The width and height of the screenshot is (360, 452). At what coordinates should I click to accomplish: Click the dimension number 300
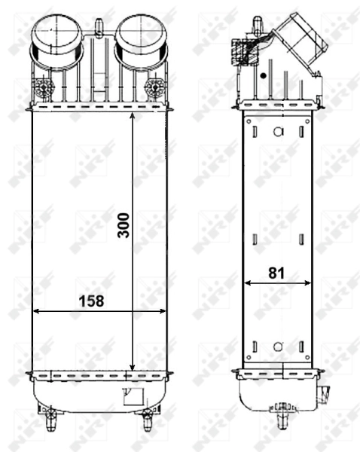(x=124, y=224)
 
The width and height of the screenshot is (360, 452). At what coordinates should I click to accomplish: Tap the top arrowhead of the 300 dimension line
(x=133, y=117)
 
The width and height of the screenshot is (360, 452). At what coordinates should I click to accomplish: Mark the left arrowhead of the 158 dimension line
(x=35, y=310)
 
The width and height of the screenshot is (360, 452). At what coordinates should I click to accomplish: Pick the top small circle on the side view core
(x=278, y=132)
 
